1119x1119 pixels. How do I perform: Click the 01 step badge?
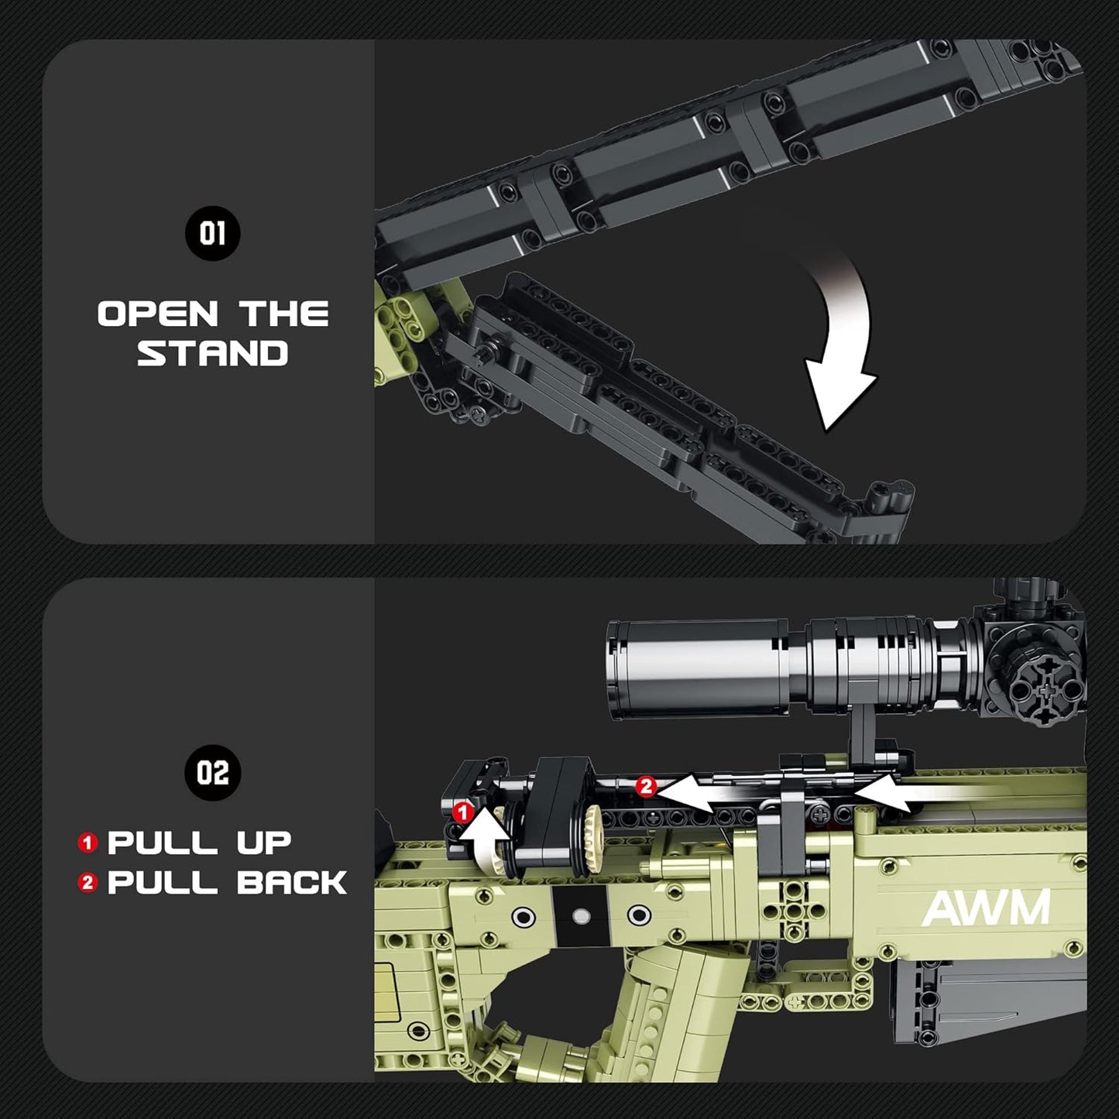212,233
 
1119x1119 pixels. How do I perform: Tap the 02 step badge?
212,773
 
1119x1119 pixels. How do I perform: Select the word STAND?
212,354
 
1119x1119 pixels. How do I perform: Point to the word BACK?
292,883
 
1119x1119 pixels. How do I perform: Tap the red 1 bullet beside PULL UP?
88,843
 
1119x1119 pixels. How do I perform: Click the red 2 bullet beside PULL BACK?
88,883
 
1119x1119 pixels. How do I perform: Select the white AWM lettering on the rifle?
986,908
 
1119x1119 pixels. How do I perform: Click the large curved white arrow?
840,333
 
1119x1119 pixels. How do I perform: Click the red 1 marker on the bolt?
462,812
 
